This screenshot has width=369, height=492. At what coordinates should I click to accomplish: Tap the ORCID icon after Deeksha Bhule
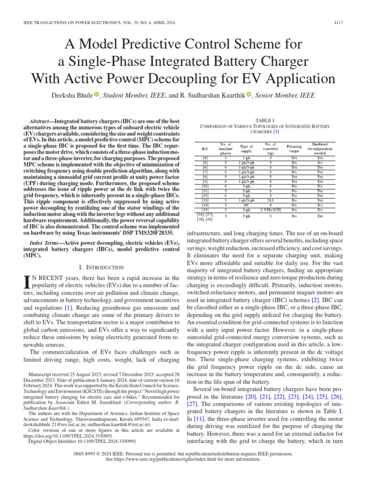[96, 95]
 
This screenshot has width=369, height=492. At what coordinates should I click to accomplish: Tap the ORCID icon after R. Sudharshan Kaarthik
[249, 95]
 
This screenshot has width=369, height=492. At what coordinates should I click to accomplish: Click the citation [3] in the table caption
[276, 132]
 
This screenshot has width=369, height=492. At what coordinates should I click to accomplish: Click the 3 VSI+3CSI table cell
[271, 210]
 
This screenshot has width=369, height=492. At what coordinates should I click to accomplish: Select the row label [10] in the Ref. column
[205, 186]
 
